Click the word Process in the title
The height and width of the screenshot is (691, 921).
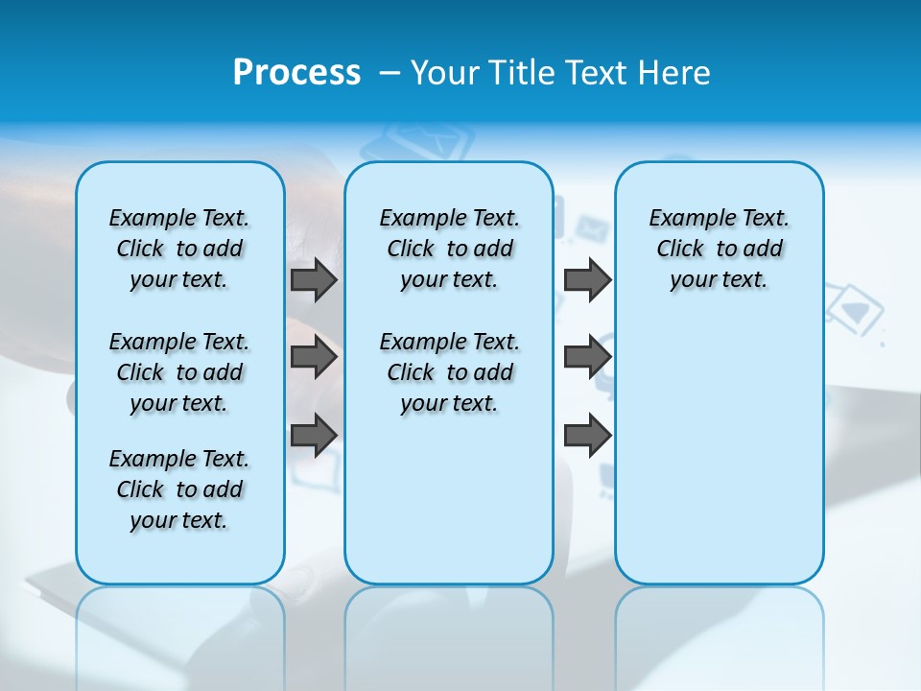click(x=296, y=73)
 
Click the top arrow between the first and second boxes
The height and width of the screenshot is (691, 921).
click(x=314, y=280)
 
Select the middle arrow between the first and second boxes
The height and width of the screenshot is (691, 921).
click(x=314, y=358)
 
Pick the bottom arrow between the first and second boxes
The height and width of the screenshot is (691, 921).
click(x=314, y=435)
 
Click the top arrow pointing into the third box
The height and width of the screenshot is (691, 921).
click(x=587, y=280)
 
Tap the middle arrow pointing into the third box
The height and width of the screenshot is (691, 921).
click(x=587, y=358)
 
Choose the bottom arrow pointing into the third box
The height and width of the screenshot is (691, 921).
click(x=587, y=435)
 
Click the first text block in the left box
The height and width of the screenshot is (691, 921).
click(x=179, y=249)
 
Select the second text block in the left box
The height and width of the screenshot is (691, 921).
click(x=179, y=372)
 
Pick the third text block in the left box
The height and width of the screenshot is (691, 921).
click(x=179, y=489)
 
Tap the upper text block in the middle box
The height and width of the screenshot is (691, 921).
click(x=449, y=249)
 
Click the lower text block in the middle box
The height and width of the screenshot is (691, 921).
click(x=449, y=372)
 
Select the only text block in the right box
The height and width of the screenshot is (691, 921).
click(x=719, y=249)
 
